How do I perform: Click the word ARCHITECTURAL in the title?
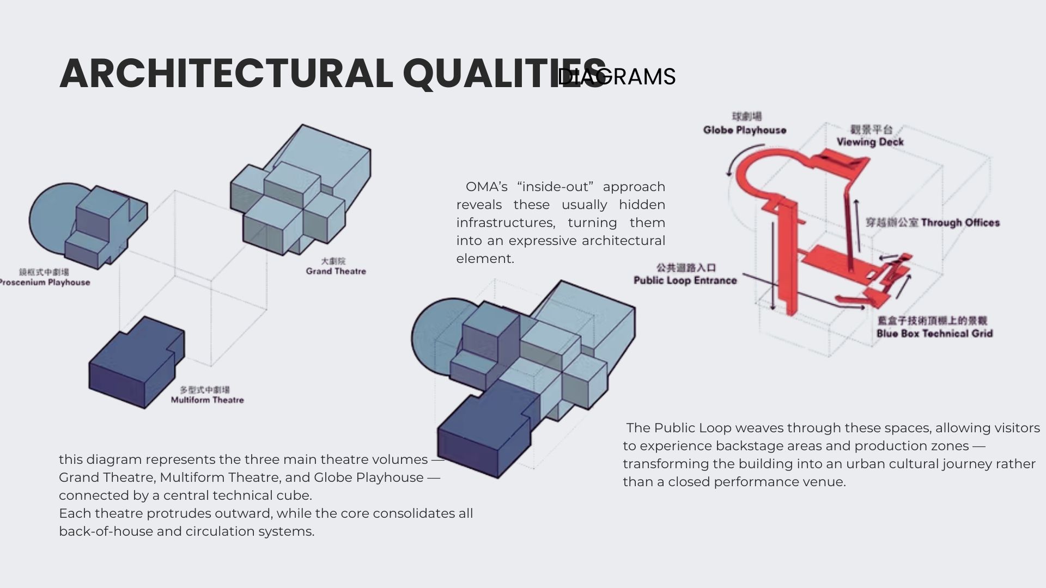(226, 73)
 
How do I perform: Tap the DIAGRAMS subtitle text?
(617, 77)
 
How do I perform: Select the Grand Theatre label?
(336, 271)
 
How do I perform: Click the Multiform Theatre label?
(207, 400)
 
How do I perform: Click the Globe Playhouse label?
(744, 130)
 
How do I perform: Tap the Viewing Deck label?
(870, 142)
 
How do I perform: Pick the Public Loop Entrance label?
(685, 280)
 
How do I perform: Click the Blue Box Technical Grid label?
(934, 333)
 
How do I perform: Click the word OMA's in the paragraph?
(486, 187)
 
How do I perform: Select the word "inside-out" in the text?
(555, 187)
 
